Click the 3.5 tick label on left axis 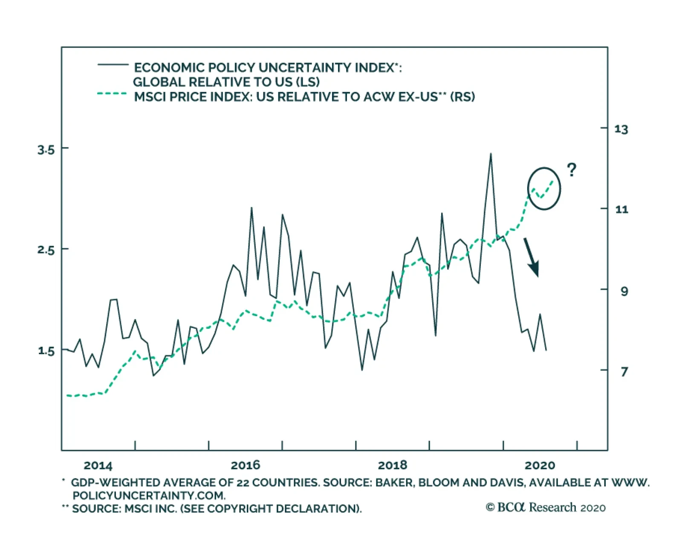(46, 150)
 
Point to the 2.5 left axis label (46, 250)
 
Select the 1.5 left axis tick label (46, 351)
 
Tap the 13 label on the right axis (621, 129)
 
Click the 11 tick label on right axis (621, 209)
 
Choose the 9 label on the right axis (624, 291)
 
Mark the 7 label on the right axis (624, 372)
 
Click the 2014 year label (98, 465)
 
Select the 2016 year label (245, 465)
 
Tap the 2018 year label (393, 465)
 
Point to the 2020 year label (540, 465)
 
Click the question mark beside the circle (572, 170)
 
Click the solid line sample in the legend (113, 65)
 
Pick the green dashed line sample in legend (112, 94)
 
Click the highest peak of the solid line (491, 154)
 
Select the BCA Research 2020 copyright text (546, 507)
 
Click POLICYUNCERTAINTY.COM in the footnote (149, 495)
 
